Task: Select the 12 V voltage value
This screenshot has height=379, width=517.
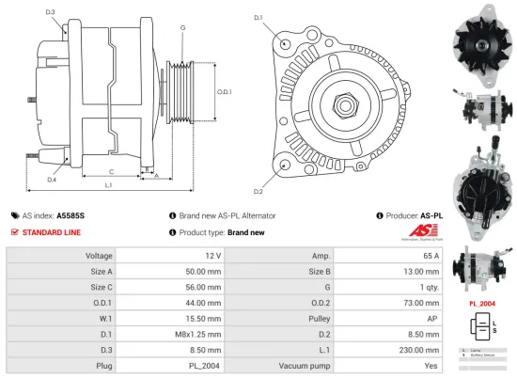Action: click(x=211, y=256)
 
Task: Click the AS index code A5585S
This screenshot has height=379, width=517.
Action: click(x=70, y=215)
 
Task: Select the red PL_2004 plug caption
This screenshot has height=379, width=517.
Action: click(x=482, y=304)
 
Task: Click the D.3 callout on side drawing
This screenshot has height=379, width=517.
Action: click(x=50, y=12)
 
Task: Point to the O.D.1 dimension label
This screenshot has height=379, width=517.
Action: click(x=224, y=91)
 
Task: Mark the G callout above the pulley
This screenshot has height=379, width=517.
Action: click(x=181, y=29)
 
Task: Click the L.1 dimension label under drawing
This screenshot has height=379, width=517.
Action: click(x=109, y=185)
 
